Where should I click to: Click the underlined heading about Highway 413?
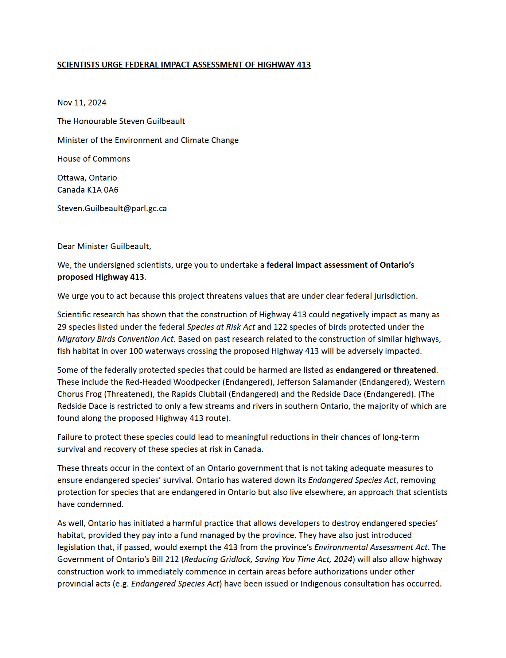click(x=184, y=65)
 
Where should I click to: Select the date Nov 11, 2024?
click(x=82, y=103)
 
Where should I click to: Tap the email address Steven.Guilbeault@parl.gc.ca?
click(x=112, y=209)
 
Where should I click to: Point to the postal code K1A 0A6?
click(x=103, y=190)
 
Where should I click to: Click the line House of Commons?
click(x=93, y=159)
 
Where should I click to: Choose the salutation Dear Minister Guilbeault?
click(x=104, y=247)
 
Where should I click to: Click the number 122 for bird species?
click(x=280, y=327)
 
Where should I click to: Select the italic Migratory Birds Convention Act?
click(x=116, y=339)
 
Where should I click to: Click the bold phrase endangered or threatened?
click(x=385, y=370)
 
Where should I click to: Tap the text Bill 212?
click(x=164, y=560)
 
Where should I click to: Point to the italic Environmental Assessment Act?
click(x=371, y=547)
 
